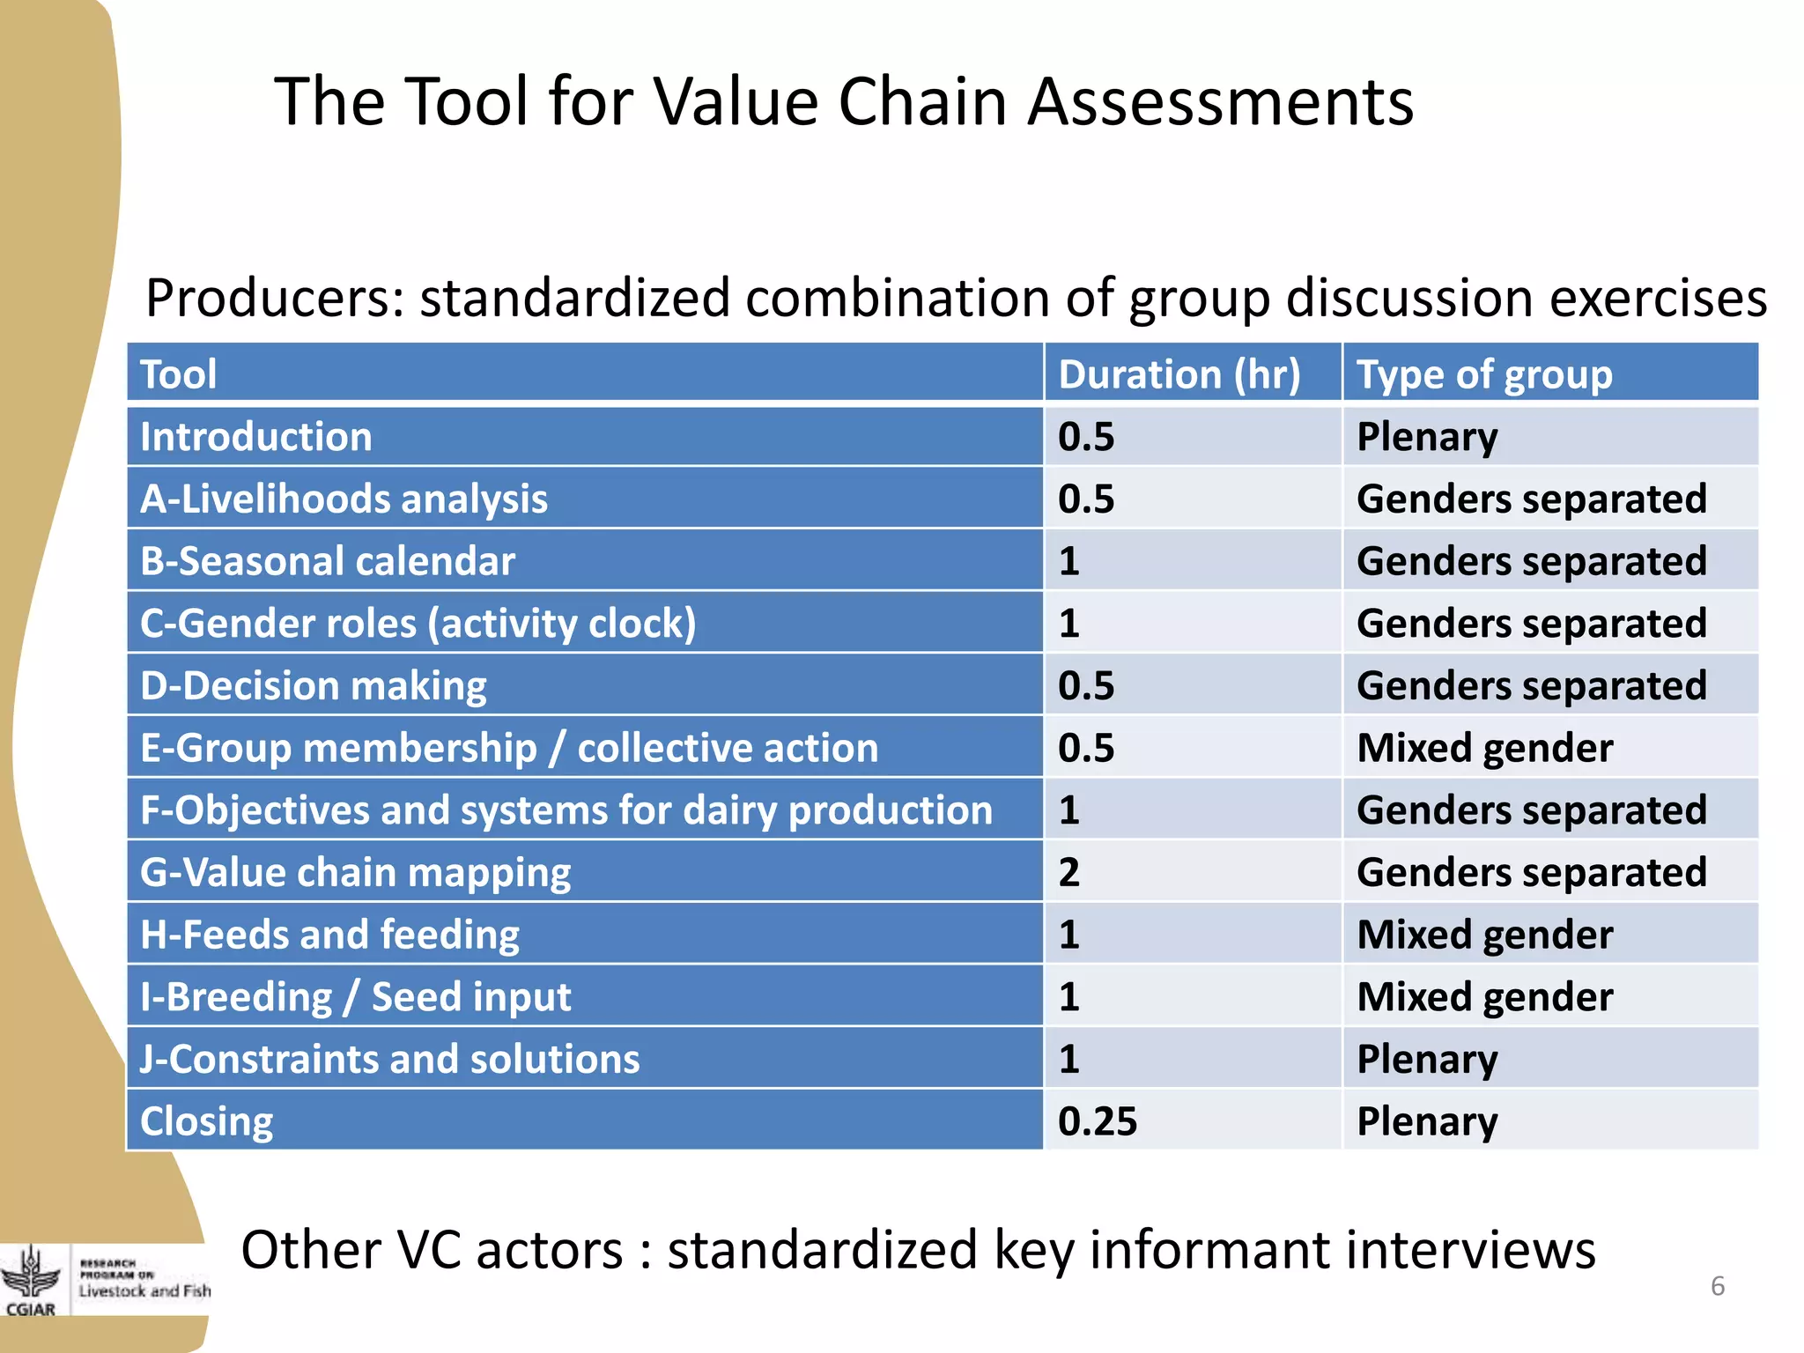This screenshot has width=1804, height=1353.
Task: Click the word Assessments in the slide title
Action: [x=1221, y=102]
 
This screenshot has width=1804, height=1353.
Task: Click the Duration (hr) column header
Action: [x=1179, y=374]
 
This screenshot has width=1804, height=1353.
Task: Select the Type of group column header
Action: [x=1484, y=374]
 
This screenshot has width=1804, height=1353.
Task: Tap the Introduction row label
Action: [x=256, y=437]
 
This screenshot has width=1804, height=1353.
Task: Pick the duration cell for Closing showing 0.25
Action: [x=1098, y=1121]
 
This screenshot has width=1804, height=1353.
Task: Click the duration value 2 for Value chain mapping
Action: [x=1069, y=872]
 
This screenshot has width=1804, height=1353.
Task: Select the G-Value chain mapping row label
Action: [x=355, y=872]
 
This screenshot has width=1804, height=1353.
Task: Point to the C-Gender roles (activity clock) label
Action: [x=418, y=624]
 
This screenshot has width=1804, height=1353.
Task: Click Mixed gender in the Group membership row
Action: [x=1485, y=748]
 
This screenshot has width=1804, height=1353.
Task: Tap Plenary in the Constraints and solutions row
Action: [x=1427, y=1059]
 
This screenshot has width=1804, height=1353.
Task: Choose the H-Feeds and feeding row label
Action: [x=330, y=935]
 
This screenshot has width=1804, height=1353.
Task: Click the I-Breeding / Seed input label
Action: [x=356, y=997]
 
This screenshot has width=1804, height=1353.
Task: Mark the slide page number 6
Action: [x=1717, y=1286]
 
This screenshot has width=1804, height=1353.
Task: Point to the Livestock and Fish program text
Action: [x=144, y=1290]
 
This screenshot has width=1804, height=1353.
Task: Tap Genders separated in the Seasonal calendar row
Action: [x=1531, y=561]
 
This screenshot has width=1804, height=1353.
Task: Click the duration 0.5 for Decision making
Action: [x=1086, y=686]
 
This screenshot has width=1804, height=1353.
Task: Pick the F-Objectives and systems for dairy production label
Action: [x=566, y=810]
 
